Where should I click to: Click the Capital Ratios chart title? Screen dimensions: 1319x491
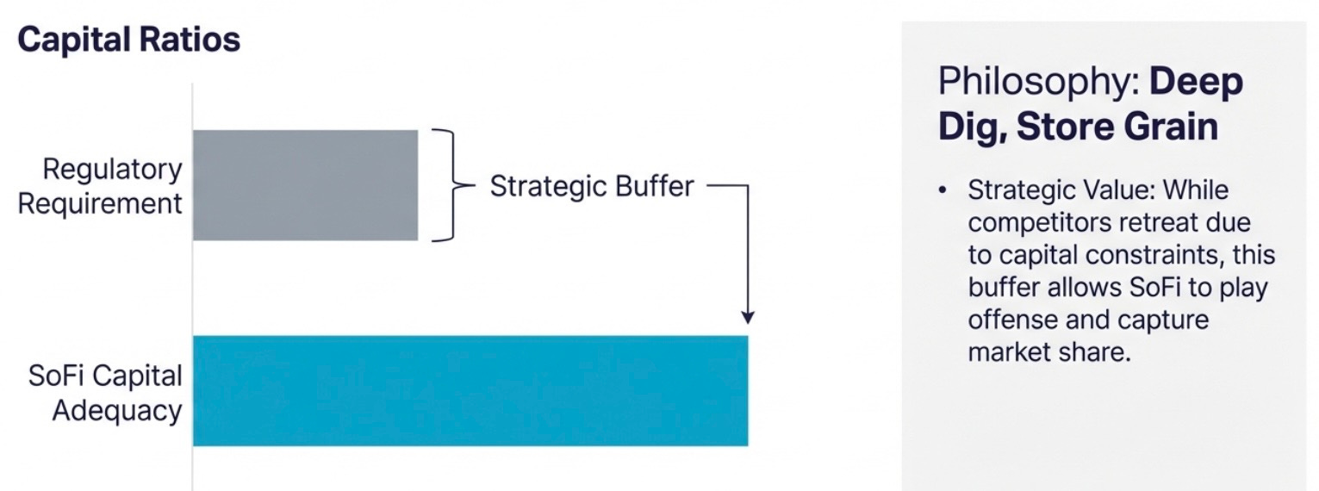(x=129, y=40)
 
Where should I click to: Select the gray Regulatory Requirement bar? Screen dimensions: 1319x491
(x=306, y=185)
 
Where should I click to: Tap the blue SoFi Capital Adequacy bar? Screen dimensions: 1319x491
(x=470, y=390)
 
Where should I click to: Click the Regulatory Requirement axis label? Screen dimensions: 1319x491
(x=100, y=186)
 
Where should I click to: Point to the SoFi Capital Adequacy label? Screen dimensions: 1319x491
(x=105, y=393)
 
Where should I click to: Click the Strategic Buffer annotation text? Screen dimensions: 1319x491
(x=592, y=186)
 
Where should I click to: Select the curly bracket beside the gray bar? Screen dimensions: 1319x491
(x=453, y=185)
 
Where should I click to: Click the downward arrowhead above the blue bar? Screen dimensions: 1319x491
(x=748, y=317)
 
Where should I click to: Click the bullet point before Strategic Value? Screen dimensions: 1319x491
(x=943, y=190)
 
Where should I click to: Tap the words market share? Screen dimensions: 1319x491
(x=1049, y=352)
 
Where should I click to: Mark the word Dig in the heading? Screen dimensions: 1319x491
(x=972, y=127)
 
